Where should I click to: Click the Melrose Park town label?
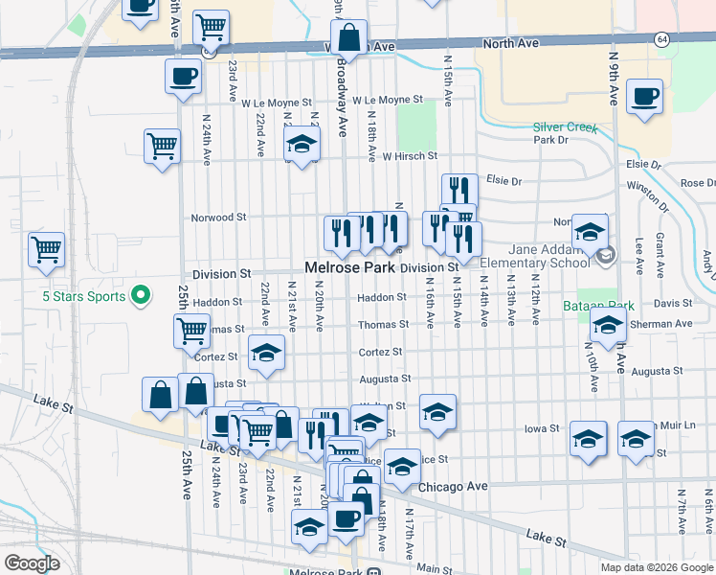tap(349, 268)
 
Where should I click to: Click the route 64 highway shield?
tap(662, 39)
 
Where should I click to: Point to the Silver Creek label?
tap(565, 126)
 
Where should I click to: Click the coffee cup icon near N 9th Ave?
tap(644, 96)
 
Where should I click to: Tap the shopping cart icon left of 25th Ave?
tap(46, 250)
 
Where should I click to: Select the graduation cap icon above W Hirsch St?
tap(301, 146)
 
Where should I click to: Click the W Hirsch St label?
tap(410, 155)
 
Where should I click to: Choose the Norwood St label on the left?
tap(219, 217)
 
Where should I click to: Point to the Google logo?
tap(32, 563)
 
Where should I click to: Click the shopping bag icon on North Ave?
tap(349, 39)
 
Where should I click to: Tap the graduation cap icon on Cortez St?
tap(266, 353)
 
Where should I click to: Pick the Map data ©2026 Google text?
tap(657, 567)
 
